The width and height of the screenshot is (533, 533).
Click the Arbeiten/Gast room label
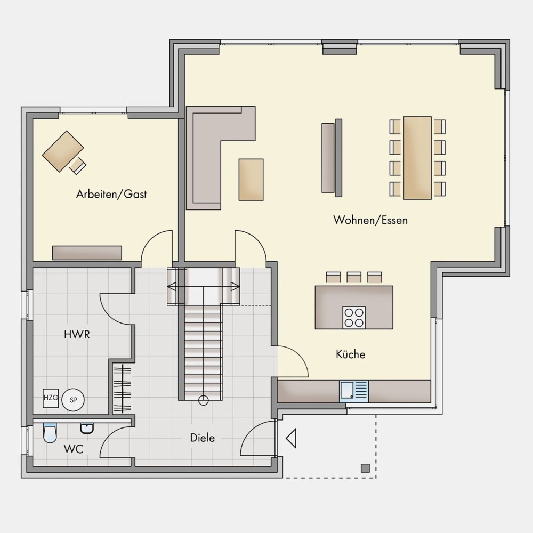(111, 194)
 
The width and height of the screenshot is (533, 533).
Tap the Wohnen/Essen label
(370, 220)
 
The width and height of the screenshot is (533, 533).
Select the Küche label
(351, 354)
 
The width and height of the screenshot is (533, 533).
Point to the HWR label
(77, 335)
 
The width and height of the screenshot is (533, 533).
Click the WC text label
(74, 449)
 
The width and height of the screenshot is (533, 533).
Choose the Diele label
(203, 438)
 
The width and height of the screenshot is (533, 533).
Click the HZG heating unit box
(51, 398)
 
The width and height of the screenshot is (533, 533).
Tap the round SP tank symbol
(74, 400)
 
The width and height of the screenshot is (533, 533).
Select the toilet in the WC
(50, 433)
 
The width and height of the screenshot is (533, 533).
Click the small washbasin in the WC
(87, 429)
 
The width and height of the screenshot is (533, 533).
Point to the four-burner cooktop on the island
(354, 318)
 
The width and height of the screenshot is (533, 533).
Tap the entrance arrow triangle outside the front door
(292, 438)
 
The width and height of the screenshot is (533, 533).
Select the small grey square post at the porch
(365, 468)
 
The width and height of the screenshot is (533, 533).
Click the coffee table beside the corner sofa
(251, 180)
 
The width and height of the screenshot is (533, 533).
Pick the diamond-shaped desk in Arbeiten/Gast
(63, 151)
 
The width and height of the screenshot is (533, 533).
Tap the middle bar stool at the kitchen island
(354, 277)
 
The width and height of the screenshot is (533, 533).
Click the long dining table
(417, 158)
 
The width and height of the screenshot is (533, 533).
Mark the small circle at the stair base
(203, 400)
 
